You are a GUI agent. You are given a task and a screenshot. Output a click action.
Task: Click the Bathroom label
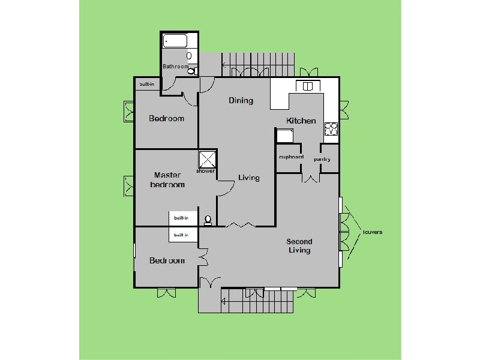coord(175,67)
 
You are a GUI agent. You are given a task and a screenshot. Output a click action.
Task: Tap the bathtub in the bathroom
coord(176,42)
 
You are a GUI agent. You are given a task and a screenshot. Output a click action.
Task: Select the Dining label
coord(241,100)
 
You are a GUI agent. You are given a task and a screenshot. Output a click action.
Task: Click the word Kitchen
coord(301,121)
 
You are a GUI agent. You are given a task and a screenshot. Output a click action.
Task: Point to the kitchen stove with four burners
coord(331,128)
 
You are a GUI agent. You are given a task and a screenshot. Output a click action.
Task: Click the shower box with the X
coord(207,159)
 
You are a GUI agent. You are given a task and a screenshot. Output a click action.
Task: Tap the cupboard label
coord(291,158)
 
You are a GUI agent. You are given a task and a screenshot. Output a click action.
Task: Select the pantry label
coord(322,159)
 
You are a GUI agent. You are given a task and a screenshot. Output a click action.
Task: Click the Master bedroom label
coord(167,180)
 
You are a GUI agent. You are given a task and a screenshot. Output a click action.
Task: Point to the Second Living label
coord(299,246)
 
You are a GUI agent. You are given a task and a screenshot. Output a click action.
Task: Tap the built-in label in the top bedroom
coord(146,85)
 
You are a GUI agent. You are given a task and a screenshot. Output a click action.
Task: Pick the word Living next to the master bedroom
coord(248,178)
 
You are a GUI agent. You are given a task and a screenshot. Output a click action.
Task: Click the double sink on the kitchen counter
coord(308,86)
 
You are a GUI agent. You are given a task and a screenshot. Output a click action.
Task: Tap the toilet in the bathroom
coord(191,71)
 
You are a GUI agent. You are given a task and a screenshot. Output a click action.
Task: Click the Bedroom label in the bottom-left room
coord(166,260)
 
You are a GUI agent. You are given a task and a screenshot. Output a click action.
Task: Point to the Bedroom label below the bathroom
coord(166,118)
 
